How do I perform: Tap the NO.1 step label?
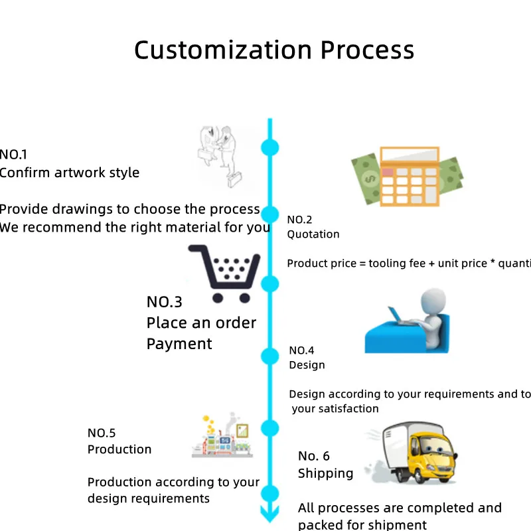click(13, 155)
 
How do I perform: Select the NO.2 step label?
click(299, 220)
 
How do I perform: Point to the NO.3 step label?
click(164, 302)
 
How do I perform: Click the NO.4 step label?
click(301, 350)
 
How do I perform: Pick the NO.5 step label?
click(102, 433)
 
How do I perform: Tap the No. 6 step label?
click(313, 456)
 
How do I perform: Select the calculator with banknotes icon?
click(406, 176)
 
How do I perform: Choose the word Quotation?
click(313, 234)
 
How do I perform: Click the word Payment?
click(179, 344)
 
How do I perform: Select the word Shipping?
click(325, 473)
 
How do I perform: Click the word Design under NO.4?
click(307, 365)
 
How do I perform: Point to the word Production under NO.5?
click(119, 449)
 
